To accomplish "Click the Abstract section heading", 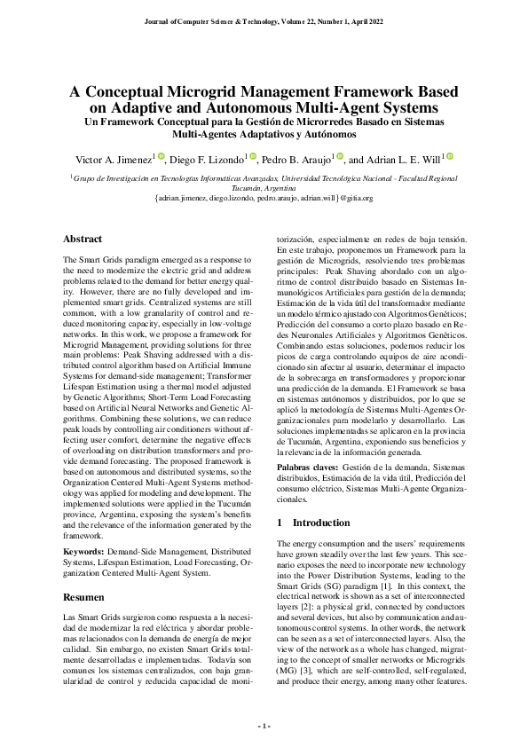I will point(83,239).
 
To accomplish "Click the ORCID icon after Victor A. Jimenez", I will point(162,156).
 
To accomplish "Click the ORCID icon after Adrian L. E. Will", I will point(450,156).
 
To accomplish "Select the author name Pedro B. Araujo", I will point(298,161).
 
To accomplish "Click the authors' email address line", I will point(264,199).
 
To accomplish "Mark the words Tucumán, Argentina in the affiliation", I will point(264,188).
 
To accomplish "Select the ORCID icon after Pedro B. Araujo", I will point(338,156).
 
